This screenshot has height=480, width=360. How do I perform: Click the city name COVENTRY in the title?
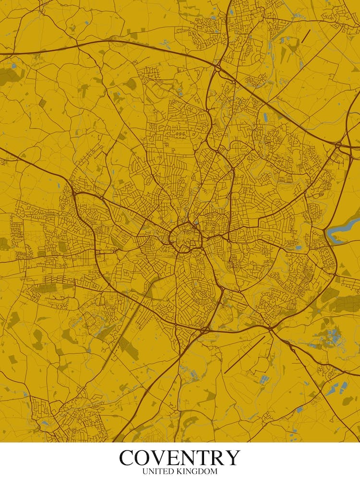pyautogui.click(x=180, y=457)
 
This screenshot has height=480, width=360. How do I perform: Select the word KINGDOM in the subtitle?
pyautogui.click(x=198, y=472)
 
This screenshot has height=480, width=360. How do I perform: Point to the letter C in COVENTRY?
pyautogui.click(x=128, y=457)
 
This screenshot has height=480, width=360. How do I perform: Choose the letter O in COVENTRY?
pyautogui.click(x=146, y=457)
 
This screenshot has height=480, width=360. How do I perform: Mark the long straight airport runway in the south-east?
pyautogui.click(x=244, y=355)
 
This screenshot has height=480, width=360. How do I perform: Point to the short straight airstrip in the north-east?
pyautogui.click(x=306, y=36)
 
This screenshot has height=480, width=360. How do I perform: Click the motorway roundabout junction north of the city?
pyautogui.click(x=218, y=68)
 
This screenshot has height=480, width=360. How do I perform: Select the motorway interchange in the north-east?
pyautogui.click(x=339, y=144)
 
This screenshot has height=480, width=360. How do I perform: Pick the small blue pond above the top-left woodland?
pyautogui.click(x=13, y=65)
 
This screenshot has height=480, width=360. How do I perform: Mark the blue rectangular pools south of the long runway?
pyautogui.click(x=264, y=380)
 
